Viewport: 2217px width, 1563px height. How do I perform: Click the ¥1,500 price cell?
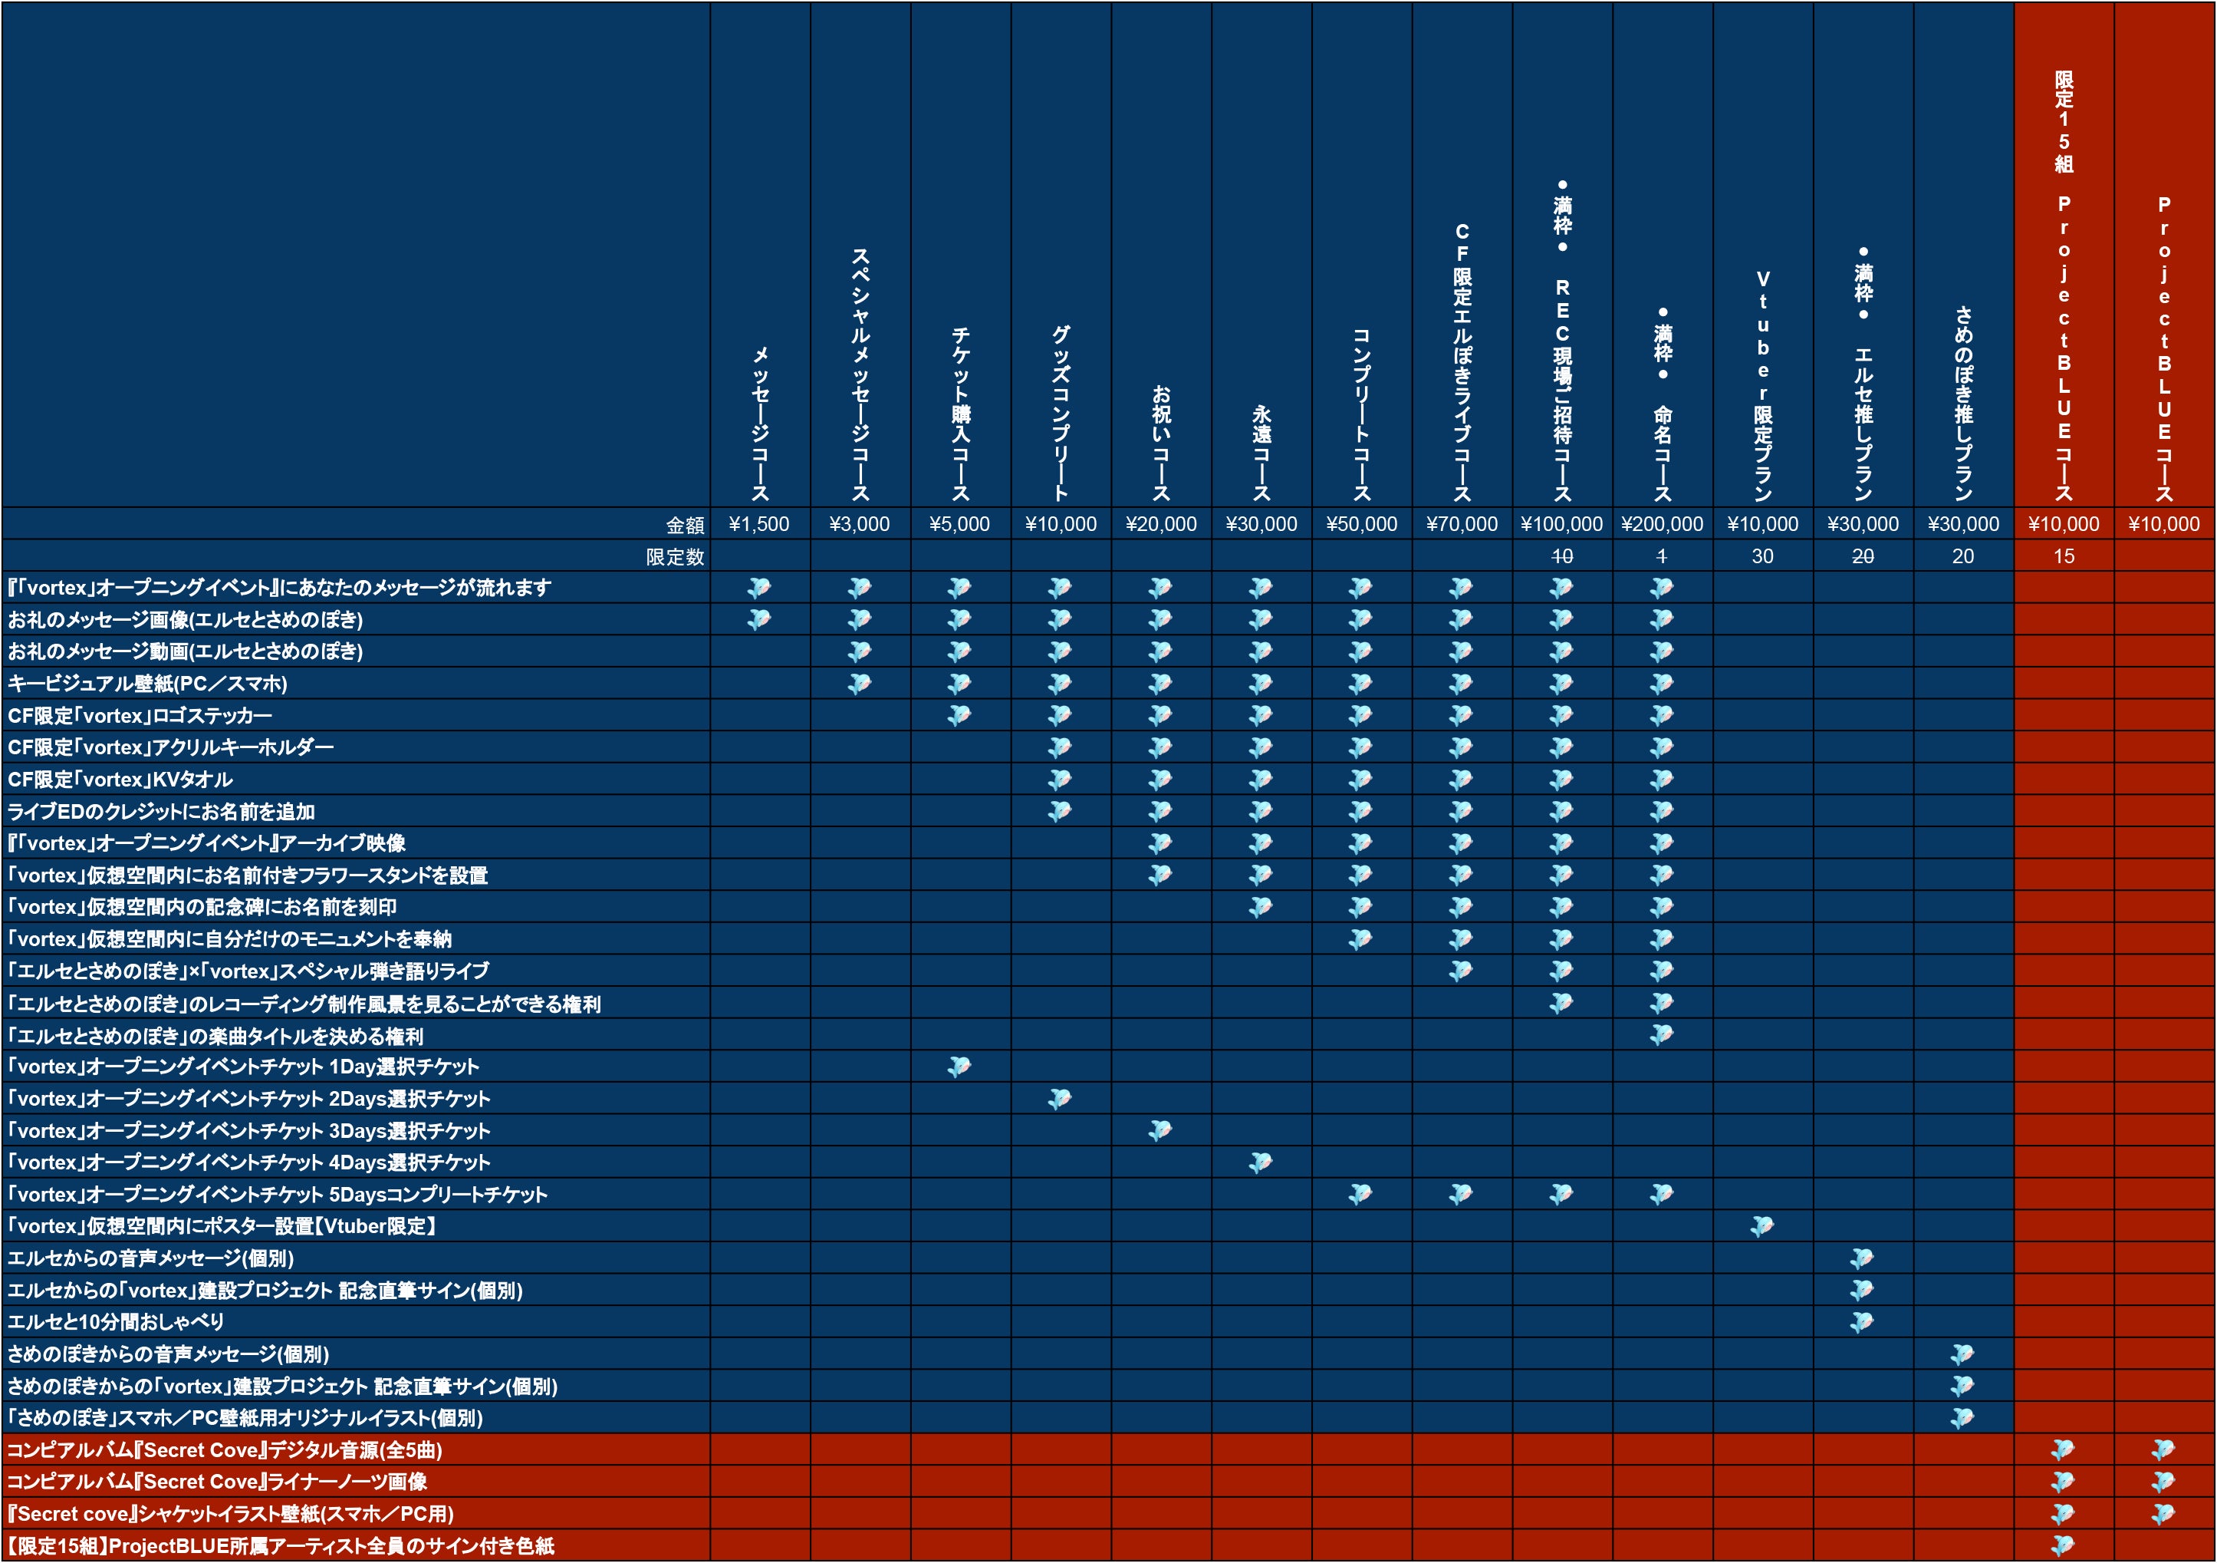[759, 523]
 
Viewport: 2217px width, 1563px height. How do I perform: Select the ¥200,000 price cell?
[1662, 523]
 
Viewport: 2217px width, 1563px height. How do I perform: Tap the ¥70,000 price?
[1461, 523]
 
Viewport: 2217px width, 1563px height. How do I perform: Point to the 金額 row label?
[685, 525]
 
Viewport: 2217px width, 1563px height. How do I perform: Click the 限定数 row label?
[675, 556]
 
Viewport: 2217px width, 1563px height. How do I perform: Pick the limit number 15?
[2064, 556]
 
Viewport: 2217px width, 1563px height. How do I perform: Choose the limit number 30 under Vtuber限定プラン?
[1762, 556]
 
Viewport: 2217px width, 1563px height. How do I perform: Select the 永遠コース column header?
[1261, 452]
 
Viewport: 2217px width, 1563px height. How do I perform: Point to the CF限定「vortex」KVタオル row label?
[120, 780]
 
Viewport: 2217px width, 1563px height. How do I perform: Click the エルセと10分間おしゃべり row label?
[116, 1321]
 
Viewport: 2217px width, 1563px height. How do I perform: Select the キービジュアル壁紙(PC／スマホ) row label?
[148, 684]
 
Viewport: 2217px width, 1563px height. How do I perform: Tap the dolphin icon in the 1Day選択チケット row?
[959, 1067]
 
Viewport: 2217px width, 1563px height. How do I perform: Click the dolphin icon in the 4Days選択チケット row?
[1260, 1162]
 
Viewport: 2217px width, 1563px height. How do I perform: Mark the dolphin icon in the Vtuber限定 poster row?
[1762, 1226]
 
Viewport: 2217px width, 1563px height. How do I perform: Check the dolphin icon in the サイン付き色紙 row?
[2063, 1545]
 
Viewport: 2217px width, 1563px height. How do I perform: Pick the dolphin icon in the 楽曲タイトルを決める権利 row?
[1662, 1034]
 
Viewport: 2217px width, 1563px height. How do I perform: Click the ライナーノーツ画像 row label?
[217, 1482]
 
